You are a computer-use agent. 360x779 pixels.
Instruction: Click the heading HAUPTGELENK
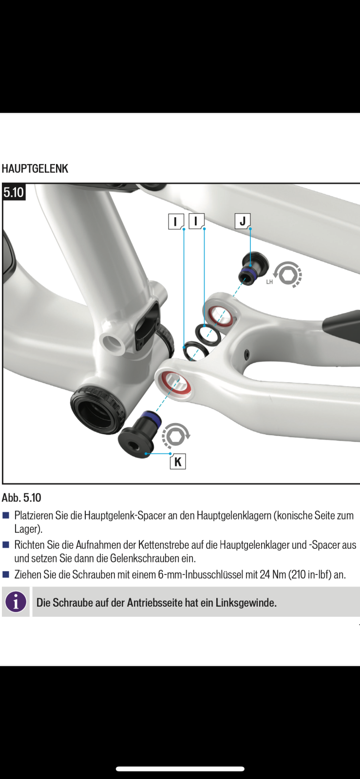pos(35,168)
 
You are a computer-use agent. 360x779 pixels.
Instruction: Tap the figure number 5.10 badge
pos(14,192)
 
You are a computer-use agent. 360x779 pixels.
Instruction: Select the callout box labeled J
pos(243,221)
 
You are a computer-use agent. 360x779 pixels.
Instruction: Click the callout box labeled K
pos(178,462)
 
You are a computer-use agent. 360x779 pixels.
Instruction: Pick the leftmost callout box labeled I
pos(176,221)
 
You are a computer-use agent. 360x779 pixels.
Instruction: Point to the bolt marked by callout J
pos(253,268)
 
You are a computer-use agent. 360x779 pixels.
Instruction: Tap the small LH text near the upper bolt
pos(269,282)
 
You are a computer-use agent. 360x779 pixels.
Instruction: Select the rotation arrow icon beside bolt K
pos(176,436)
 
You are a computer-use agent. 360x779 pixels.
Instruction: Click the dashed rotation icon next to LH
pos(288,275)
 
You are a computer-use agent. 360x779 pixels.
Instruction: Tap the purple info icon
pos(16,602)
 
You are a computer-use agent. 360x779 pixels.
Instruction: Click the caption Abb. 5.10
pos(21,498)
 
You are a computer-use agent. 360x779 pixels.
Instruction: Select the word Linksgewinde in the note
pos(246,602)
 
